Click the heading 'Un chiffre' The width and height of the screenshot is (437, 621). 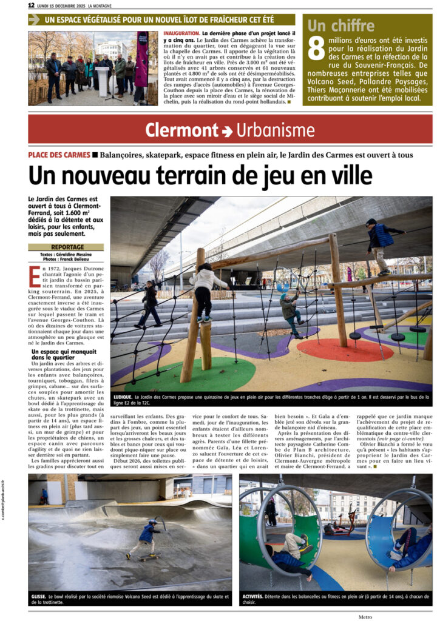[340, 25]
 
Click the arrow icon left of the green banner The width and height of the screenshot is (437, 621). [34, 19]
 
